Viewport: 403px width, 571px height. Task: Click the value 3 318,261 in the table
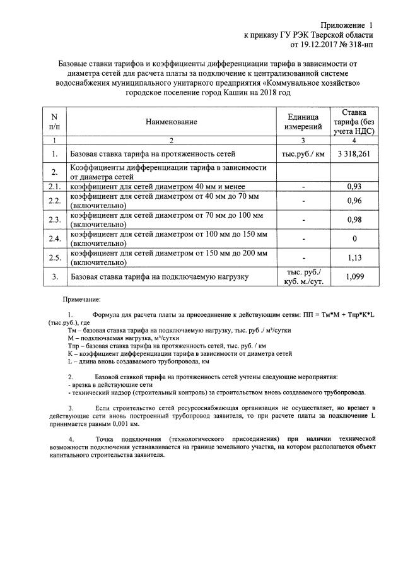coord(354,153)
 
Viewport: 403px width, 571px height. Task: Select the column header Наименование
coord(170,122)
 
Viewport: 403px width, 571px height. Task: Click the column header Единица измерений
coord(303,122)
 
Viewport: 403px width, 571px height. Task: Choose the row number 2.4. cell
coord(54,238)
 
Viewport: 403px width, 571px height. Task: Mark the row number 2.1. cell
coord(54,187)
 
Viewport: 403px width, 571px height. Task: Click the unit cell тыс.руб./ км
coord(303,153)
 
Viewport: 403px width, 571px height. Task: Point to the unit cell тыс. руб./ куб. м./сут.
coord(303,276)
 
